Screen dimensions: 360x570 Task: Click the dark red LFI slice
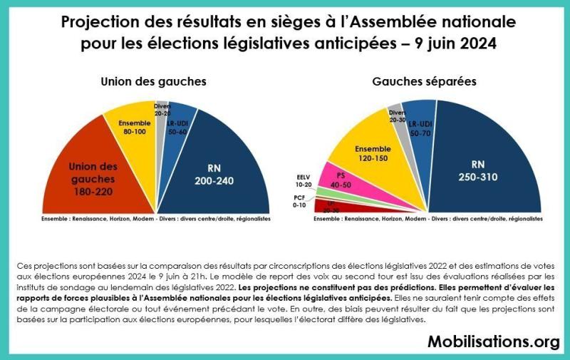click(x=331, y=209)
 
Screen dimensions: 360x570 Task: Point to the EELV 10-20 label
click(x=304, y=179)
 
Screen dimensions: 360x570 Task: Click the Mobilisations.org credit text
click(x=493, y=342)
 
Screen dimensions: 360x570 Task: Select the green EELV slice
click(x=322, y=192)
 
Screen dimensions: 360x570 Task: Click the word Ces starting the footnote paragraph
click(x=25, y=265)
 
